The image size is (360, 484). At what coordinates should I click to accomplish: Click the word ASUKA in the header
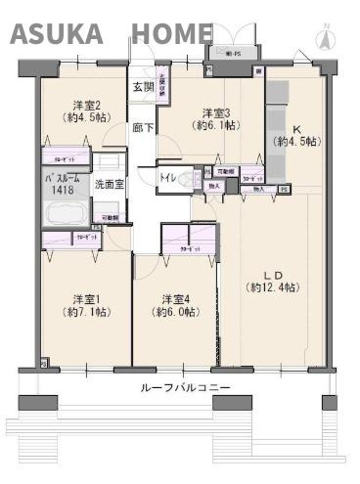(57, 34)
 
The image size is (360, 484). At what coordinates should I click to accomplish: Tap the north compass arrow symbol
(325, 38)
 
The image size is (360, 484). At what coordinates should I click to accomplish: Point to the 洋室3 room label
(214, 111)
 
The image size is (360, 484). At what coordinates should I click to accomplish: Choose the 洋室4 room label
(175, 298)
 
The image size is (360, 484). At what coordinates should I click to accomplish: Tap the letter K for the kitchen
(294, 128)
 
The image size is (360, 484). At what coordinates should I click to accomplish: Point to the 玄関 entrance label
(143, 87)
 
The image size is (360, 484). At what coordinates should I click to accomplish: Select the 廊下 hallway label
(143, 126)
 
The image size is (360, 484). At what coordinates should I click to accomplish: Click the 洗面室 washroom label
(108, 184)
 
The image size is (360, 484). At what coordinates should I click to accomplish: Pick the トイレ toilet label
(167, 177)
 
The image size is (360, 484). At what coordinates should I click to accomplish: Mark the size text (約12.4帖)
(272, 287)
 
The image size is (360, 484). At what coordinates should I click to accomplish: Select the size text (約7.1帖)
(85, 313)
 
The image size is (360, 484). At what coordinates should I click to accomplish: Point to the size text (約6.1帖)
(214, 126)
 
